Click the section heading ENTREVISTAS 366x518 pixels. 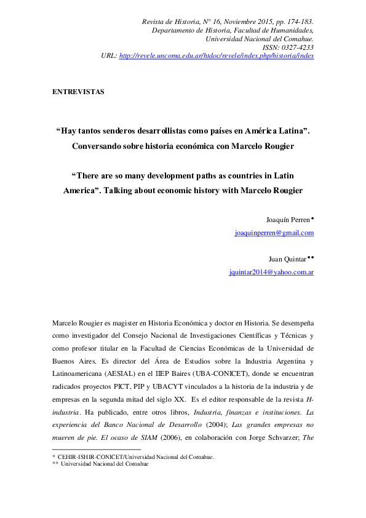(79, 92)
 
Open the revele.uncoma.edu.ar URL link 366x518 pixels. (216, 55)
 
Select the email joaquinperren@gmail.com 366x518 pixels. (274, 233)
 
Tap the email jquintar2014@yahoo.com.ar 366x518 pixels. (271, 271)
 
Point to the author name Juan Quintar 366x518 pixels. (288, 259)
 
